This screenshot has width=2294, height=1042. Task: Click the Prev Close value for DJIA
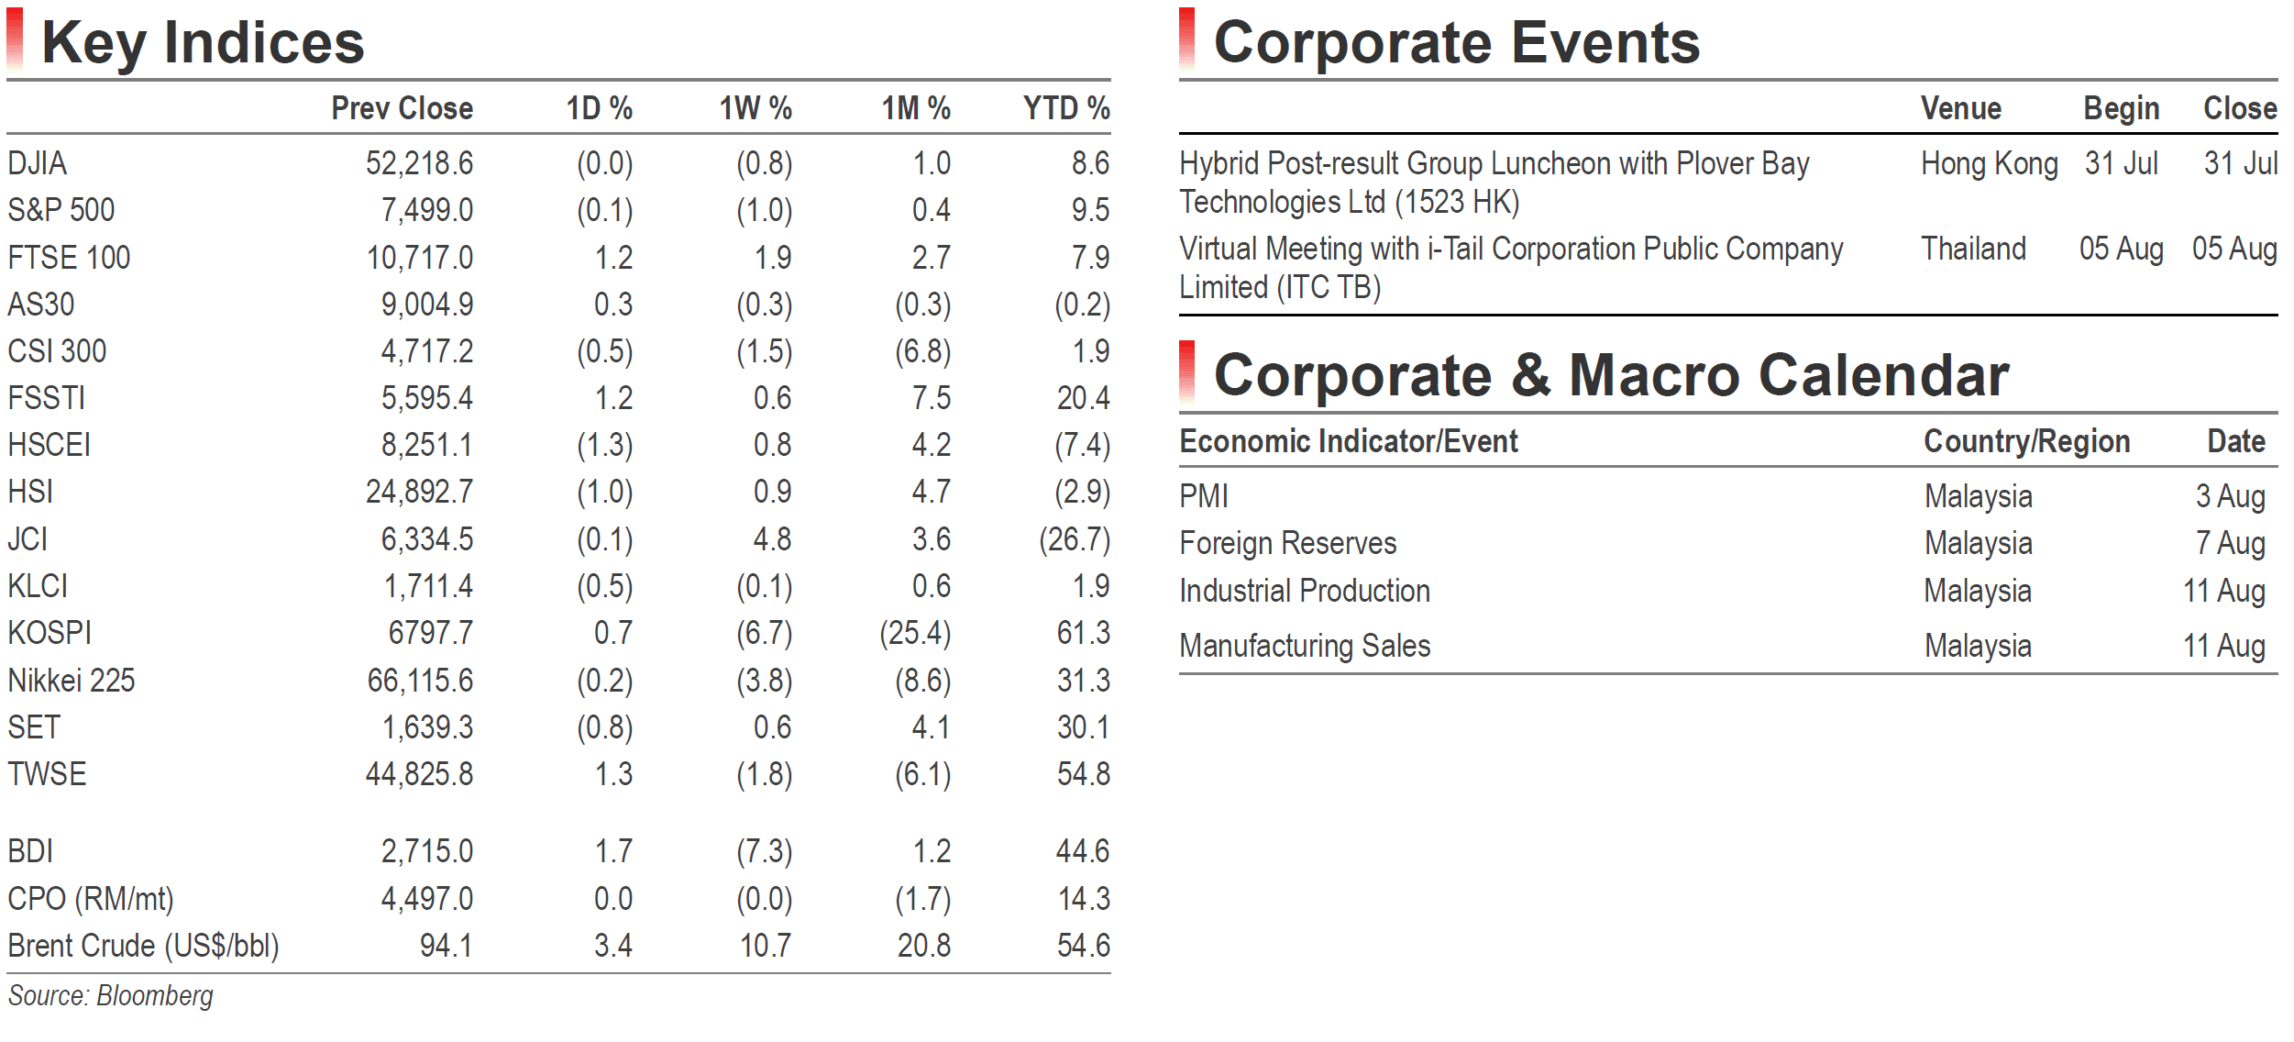(x=419, y=163)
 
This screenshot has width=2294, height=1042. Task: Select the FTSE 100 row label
(x=69, y=258)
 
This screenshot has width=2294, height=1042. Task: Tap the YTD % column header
(x=1066, y=108)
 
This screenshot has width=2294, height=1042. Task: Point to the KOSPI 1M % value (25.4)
(x=915, y=633)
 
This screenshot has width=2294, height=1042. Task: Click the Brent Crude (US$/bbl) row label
(x=143, y=946)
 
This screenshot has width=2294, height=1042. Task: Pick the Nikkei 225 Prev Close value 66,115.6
(x=420, y=681)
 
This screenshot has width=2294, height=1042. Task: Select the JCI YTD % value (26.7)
(x=1074, y=539)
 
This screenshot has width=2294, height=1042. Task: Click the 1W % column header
(x=755, y=108)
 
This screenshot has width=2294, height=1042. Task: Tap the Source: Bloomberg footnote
(x=111, y=996)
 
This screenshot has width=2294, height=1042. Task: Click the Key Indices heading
(x=204, y=42)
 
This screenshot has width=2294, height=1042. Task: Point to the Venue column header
(x=1961, y=108)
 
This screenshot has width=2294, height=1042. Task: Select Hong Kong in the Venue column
(x=1990, y=164)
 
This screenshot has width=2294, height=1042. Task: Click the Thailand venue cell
(x=1973, y=249)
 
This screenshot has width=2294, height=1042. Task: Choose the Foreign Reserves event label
(x=1287, y=543)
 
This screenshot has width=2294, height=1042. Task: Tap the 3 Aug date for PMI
(x=2230, y=496)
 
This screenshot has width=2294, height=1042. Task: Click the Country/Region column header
(x=2026, y=441)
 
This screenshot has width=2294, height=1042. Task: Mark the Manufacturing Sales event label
(x=1305, y=646)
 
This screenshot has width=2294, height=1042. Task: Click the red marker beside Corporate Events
(x=1187, y=39)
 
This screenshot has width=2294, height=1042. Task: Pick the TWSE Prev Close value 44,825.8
(x=419, y=774)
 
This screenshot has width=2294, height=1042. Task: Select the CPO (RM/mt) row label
(x=91, y=899)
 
